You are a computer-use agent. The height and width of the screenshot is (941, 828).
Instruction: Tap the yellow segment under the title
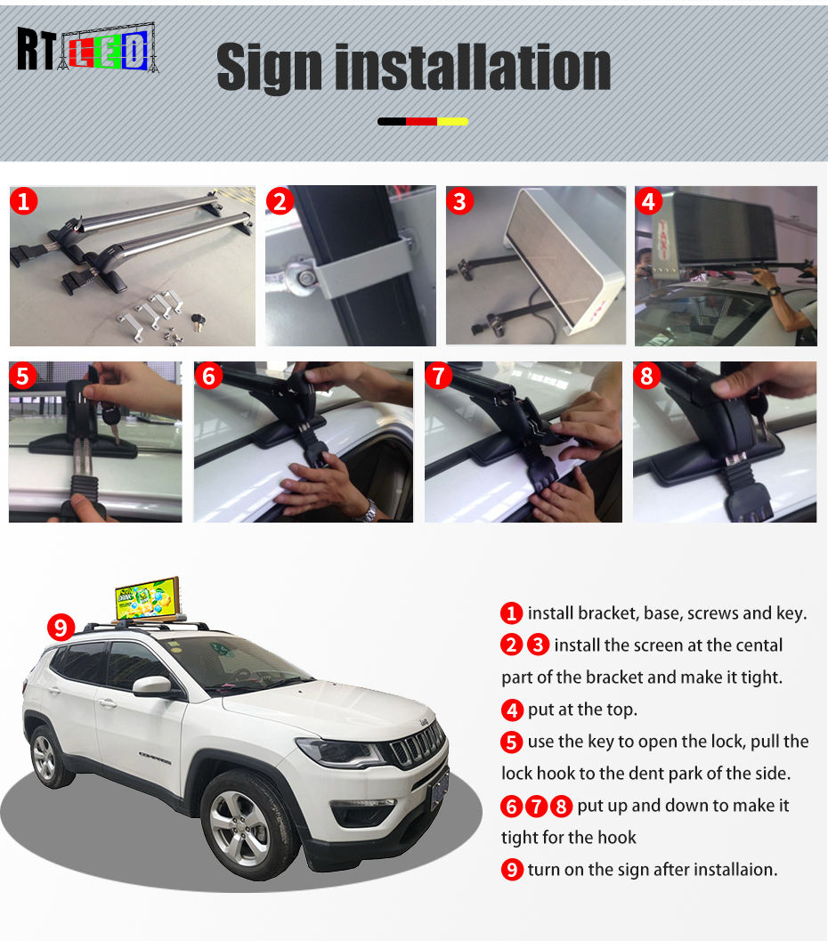point(452,121)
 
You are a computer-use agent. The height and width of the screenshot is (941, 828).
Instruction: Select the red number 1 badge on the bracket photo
point(24,201)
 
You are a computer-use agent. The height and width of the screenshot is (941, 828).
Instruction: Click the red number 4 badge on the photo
point(648,201)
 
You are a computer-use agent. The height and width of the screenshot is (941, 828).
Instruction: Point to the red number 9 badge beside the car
point(61,627)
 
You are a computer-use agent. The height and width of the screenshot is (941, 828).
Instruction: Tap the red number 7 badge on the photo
point(439,376)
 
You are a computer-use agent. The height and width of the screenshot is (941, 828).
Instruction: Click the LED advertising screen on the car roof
point(148,598)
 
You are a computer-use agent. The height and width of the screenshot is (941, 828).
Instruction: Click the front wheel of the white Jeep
point(243,826)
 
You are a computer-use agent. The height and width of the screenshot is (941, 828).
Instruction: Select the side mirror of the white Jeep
point(152,686)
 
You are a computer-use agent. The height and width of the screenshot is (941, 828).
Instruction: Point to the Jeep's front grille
point(418,745)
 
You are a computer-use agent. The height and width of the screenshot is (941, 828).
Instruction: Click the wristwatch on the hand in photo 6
point(367,512)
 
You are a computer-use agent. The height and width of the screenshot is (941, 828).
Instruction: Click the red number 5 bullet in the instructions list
point(511,742)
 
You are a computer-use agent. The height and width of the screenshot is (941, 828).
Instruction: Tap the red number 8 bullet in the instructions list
point(561,806)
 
